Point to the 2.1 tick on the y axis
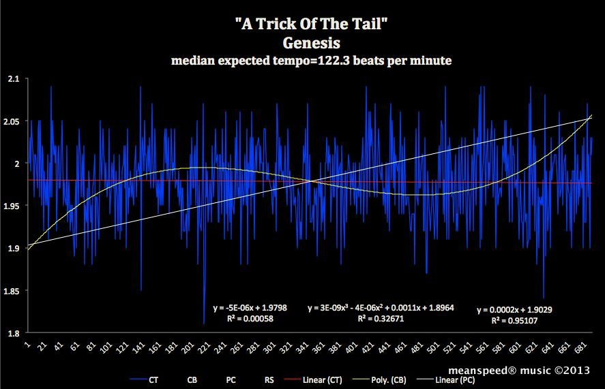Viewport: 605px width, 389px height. tap(12, 79)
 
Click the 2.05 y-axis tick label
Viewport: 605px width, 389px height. tap(11, 121)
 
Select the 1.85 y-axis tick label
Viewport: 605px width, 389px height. tap(11, 291)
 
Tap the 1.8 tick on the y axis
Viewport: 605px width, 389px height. tap(12, 333)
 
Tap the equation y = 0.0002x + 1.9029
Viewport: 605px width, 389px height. tap(514, 310)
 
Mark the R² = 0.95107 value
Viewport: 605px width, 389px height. tap(514, 320)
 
